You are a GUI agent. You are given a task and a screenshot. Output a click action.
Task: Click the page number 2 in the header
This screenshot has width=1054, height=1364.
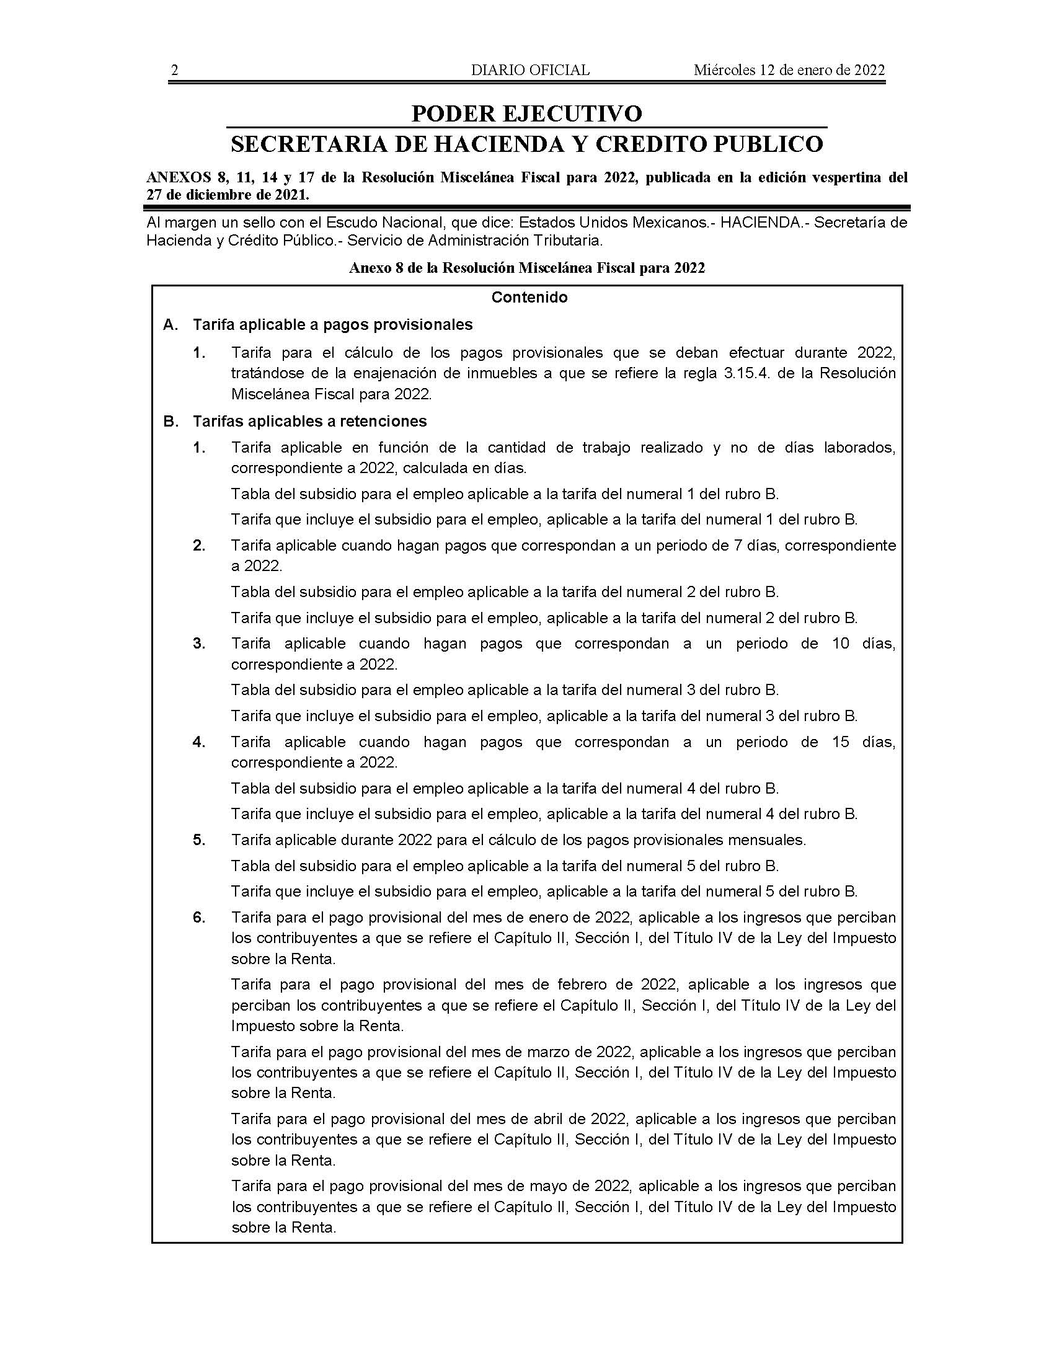pyautogui.click(x=175, y=71)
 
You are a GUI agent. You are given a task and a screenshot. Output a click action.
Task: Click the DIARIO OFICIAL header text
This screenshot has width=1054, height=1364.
pyautogui.click(x=530, y=71)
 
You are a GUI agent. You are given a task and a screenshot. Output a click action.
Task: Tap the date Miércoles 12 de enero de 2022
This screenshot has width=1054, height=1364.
pyautogui.click(x=789, y=71)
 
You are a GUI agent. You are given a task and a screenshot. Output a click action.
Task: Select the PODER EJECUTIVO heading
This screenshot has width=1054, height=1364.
pyautogui.click(x=526, y=113)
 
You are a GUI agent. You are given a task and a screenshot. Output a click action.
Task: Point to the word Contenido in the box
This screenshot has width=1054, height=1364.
pyautogui.click(x=529, y=297)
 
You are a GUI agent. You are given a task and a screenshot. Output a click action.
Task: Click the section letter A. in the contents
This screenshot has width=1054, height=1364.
pyautogui.click(x=170, y=325)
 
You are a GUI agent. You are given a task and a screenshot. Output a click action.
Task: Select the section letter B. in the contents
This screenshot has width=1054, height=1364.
pyautogui.click(x=170, y=422)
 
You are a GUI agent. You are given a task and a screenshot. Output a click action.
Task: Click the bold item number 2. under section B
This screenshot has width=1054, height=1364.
pyautogui.click(x=199, y=545)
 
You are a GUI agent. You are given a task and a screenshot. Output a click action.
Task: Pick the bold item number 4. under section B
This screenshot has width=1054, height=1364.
pyautogui.click(x=199, y=742)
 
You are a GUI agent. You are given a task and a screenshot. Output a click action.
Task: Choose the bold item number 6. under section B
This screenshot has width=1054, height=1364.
pyautogui.click(x=199, y=918)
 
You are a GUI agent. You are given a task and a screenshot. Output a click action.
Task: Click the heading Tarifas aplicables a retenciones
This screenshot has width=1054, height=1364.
pyautogui.click(x=310, y=422)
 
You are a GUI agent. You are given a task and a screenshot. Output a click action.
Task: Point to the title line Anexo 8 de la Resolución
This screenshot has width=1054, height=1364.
pyautogui.click(x=526, y=268)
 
